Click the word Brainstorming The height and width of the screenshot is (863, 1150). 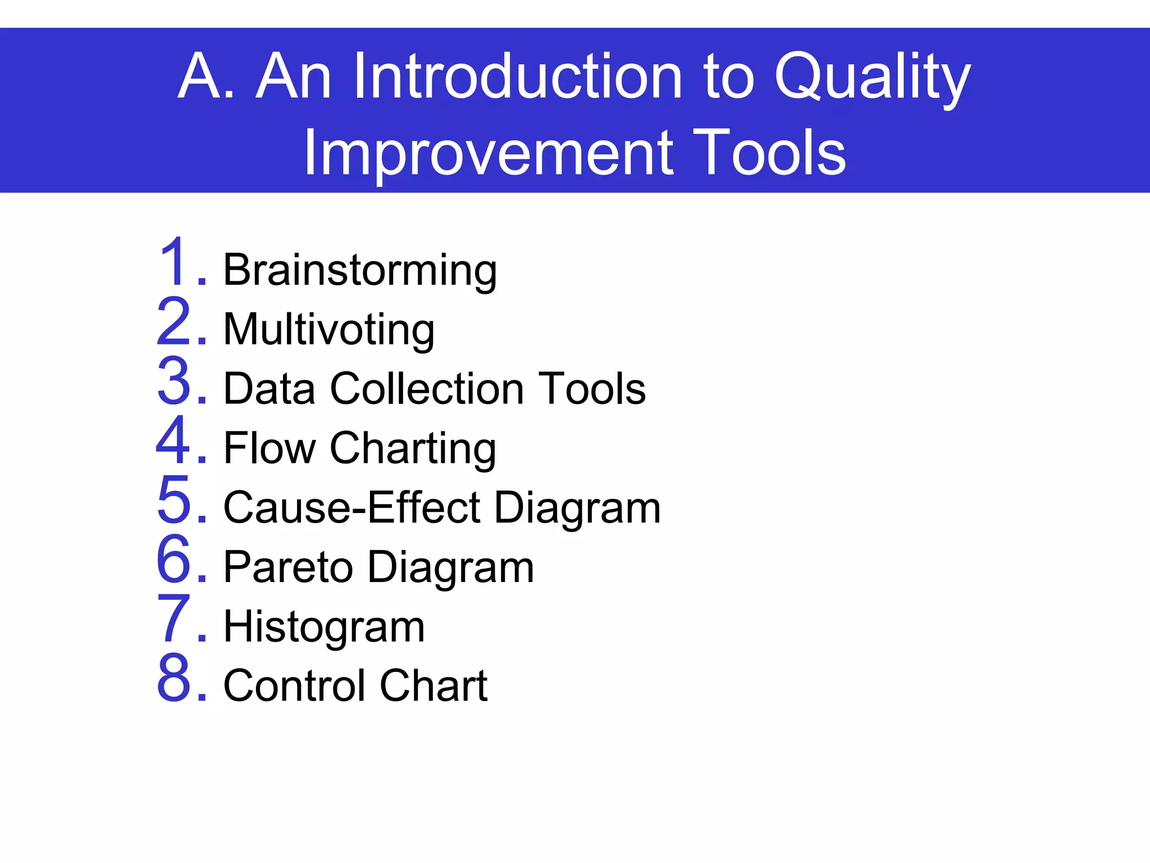pyautogui.click(x=360, y=271)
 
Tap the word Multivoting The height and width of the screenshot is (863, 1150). pyautogui.click(x=329, y=330)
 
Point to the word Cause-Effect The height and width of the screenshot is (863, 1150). pyautogui.click(x=352, y=507)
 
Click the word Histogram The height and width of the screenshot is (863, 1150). pyautogui.click(x=324, y=627)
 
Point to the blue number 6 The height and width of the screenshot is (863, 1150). pyautogui.click(x=174, y=559)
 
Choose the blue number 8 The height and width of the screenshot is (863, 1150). pyautogui.click(x=174, y=678)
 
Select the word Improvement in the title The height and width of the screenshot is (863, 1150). pyautogui.click(x=488, y=153)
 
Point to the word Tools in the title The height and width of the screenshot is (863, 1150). pyautogui.click(x=769, y=153)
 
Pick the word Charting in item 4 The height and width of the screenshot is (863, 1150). pyautogui.click(x=413, y=449)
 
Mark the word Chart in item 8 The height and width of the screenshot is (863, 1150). pyautogui.click(x=433, y=686)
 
